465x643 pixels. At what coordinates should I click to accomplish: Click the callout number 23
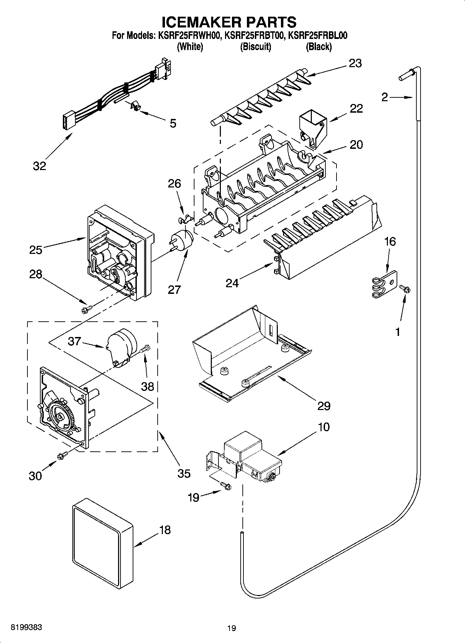tap(355, 63)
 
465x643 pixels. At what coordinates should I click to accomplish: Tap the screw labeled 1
tap(405, 289)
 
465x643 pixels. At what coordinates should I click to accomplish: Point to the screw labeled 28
tap(86, 309)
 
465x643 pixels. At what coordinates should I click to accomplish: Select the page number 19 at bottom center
tap(232, 628)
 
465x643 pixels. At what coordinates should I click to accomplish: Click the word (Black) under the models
tap(318, 47)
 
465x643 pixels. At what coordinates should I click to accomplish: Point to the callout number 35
tap(184, 473)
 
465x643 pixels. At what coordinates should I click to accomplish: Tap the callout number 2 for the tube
tap(384, 97)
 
